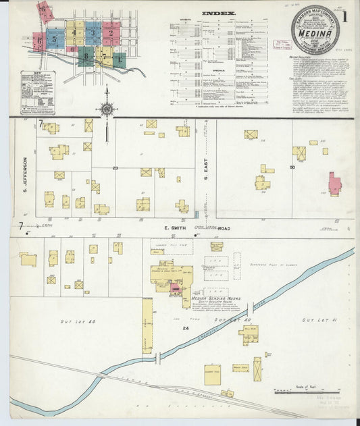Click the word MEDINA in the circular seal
click(x=314, y=29)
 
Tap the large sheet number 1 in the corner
click(x=346, y=17)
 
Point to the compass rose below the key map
click(x=106, y=107)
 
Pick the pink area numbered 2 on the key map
click(x=111, y=33)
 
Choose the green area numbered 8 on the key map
click(x=86, y=56)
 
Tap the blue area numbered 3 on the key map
click(x=93, y=32)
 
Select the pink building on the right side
click(x=334, y=184)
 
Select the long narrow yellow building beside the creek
click(x=147, y=327)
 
